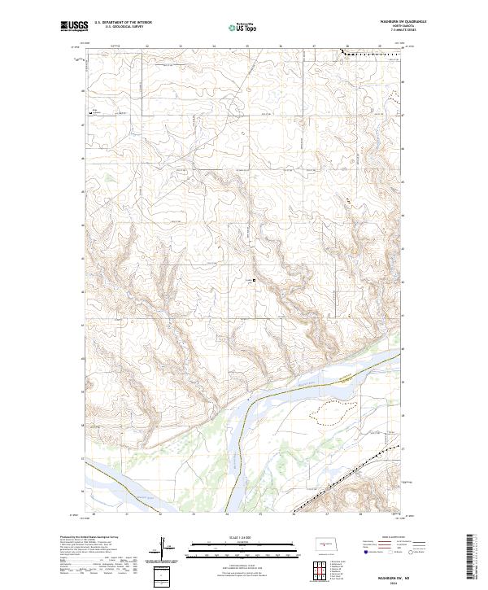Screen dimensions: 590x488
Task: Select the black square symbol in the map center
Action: (254, 282)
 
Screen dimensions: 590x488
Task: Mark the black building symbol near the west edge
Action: (91, 112)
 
